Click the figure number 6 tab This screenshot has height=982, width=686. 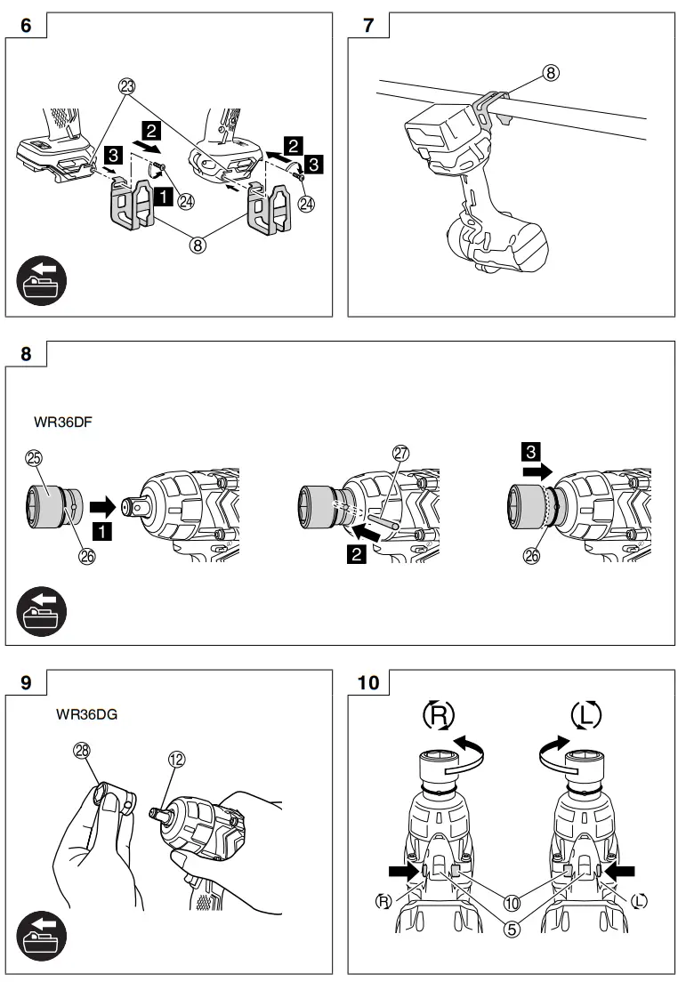[25, 26]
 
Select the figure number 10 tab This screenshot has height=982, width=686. [368, 683]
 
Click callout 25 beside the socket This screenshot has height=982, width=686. [35, 457]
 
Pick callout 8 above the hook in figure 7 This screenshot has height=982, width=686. [552, 74]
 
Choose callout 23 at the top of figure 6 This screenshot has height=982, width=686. [126, 86]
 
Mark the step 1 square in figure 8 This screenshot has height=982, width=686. [104, 533]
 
